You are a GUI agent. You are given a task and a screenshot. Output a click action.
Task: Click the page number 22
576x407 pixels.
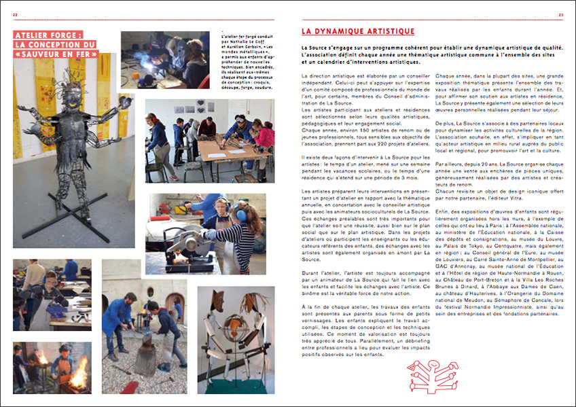point(15,15)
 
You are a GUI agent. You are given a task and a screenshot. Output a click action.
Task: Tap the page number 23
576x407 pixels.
point(561,15)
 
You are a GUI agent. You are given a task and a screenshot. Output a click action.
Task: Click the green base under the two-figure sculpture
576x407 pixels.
point(236,389)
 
